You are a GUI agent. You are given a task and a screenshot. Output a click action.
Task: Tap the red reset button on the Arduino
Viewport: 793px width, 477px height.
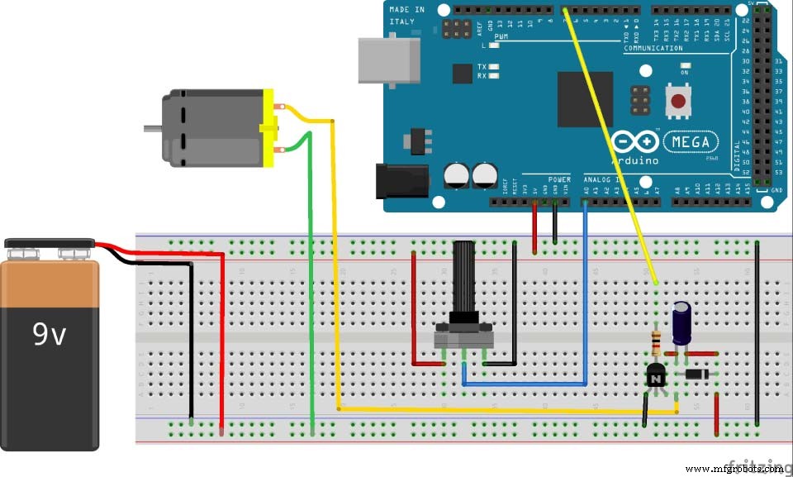click(678, 102)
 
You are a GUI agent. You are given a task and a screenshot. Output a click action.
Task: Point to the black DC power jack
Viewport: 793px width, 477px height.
click(401, 180)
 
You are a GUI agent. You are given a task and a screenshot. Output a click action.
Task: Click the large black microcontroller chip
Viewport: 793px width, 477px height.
click(585, 98)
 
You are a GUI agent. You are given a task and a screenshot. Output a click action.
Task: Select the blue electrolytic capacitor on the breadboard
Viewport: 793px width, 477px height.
click(681, 322)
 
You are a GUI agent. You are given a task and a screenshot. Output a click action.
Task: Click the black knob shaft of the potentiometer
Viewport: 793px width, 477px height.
click(465, 277)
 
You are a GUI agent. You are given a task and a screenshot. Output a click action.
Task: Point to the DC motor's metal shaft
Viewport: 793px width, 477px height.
click(152, 128)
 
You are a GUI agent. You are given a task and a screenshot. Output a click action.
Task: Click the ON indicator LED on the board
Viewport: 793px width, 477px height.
click(685, 72)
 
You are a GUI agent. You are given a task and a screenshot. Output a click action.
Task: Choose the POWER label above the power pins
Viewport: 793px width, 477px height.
click(558, 179)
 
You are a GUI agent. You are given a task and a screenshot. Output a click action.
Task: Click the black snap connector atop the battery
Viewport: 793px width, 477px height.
click(49, 247)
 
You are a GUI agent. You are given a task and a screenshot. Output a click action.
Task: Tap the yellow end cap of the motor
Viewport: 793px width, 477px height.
click(268, 128)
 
